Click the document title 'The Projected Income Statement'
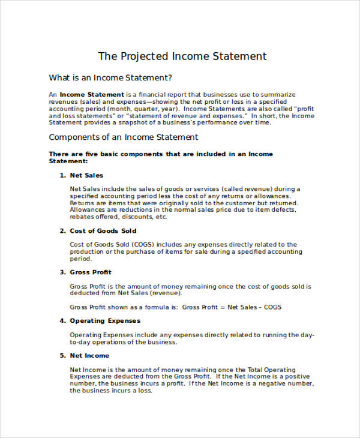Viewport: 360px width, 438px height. [x=182, y=56]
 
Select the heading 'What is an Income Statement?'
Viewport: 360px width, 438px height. [x=110, y=77]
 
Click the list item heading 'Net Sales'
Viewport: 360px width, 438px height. [x=86, y=175]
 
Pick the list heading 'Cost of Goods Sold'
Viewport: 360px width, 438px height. [x=103, y=231]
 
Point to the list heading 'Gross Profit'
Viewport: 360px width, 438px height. [x=91, y=272]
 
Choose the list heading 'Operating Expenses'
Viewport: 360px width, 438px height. [x=105, y=321]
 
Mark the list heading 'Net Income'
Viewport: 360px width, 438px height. [x=89, y=356]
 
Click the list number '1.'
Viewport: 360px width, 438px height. [x=62, y=175]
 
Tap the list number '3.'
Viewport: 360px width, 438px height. [x=62, y=272]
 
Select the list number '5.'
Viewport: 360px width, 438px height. [x=62, y=356]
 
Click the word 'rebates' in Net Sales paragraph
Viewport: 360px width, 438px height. [x=82, y=217]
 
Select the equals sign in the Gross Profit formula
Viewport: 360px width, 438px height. [x=224, y=307]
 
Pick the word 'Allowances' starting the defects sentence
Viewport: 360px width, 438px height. [x=87, y=210]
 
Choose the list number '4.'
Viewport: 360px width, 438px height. [x=62, y=321]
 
